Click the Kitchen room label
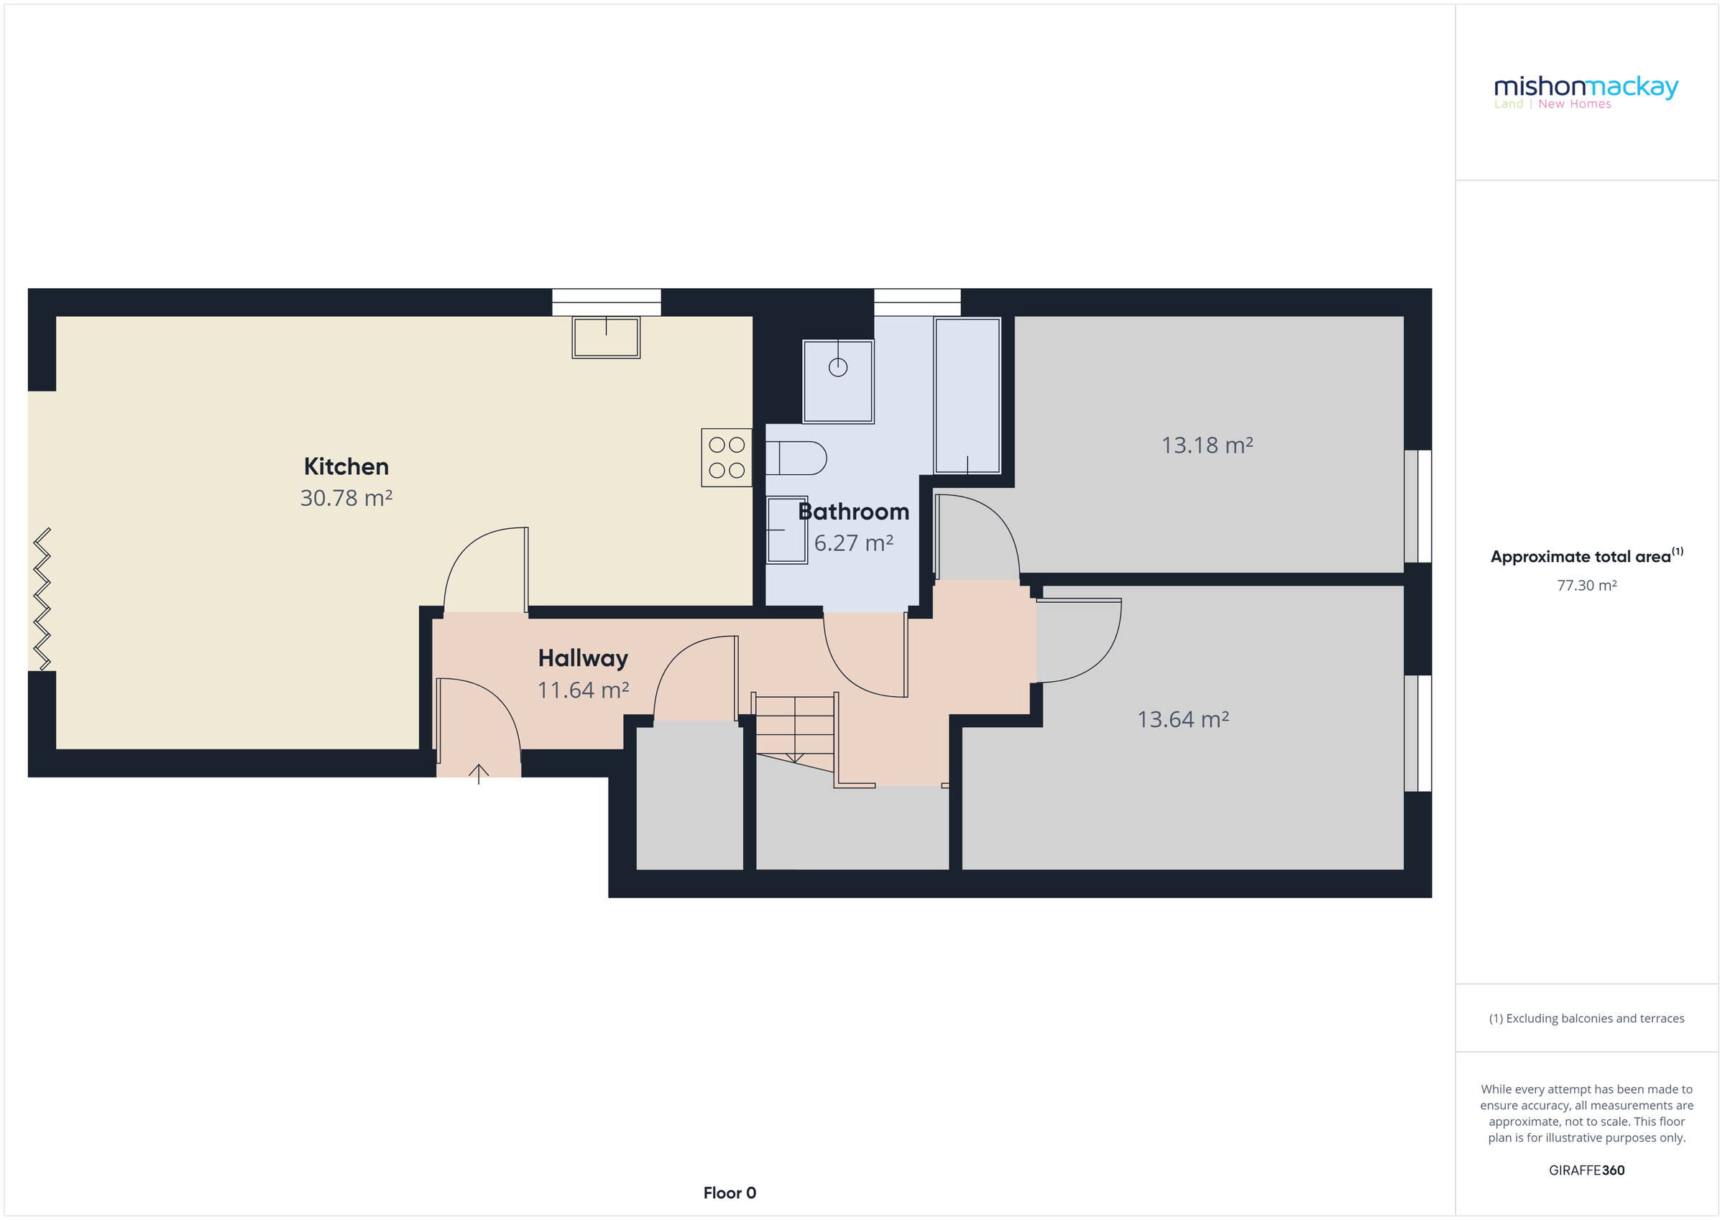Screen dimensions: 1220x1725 pyautogui.click(x=346, y=466)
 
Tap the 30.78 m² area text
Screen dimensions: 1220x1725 pyautogui.click(x=346, y=498)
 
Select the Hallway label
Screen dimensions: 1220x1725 pyautogui.click(x=583, y=658)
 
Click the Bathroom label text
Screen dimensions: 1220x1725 pyautogui.click(x=853, y=512)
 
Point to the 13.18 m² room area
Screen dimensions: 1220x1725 pyautogui.click(x=1207, y=445)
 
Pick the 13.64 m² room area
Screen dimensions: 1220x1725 pyautogui.click(x=1182, y=720)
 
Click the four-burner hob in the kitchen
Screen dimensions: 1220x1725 pyautogui.click(x=727, y=458)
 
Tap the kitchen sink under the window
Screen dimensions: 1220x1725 pyautogui.click(x=606, y=337)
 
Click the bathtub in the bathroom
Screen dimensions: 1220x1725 pyautogui.click(x=967, y=395)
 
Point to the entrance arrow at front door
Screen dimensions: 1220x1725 pyautogui.click(x=479, y=774)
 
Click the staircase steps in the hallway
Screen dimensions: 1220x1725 pyautogui.click(x=794, y=726)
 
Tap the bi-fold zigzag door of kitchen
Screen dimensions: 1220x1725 pyautogui.click(x=42, y=599)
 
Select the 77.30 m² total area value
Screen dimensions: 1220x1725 pyautogui.click(x=1586, y=585)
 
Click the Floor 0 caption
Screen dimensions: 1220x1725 pyautogui.click(x=730, y=1193)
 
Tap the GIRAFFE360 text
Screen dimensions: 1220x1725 pyautogui.click(x=1586, y=1170)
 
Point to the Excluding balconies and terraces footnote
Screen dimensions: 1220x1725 pyautogui.click(x=1586, y=1019)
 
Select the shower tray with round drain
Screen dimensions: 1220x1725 pyautogui.click(x=838, y=381)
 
